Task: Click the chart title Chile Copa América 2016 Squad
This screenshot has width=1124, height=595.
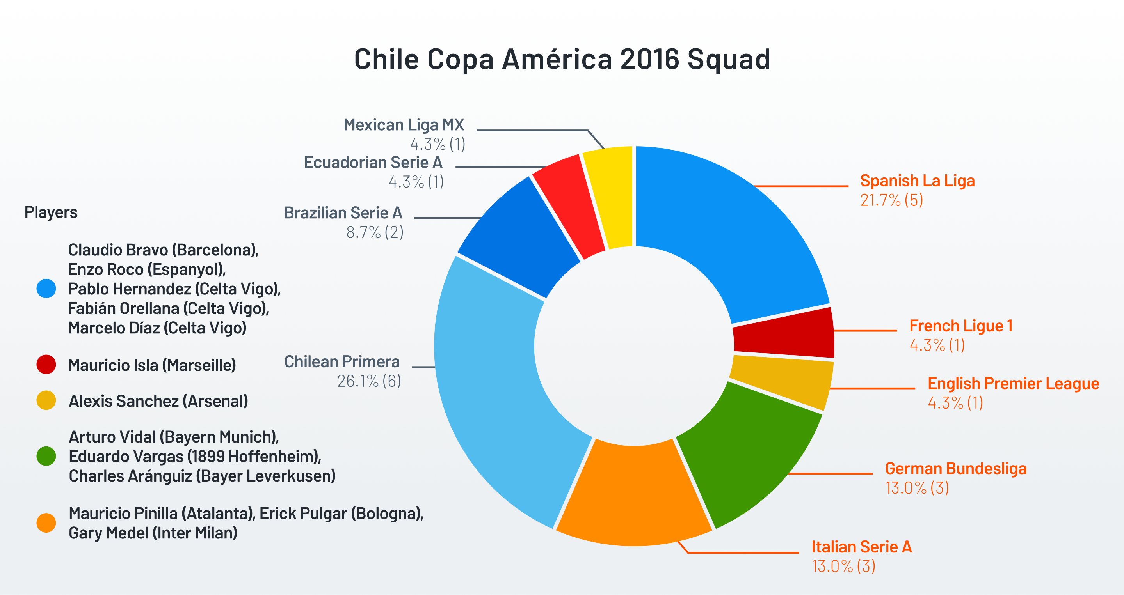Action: tap(562, 59)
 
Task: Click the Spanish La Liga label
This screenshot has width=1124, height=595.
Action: tap(917, 181)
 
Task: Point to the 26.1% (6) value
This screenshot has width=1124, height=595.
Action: tap(369, 381)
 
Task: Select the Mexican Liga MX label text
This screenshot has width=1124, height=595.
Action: tap(404, 125)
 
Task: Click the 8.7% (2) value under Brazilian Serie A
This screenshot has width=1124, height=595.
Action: tap(375, 232)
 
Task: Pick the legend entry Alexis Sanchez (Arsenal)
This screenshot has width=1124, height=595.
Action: tap(158, 401)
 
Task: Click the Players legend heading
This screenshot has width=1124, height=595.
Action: tap(51, 212)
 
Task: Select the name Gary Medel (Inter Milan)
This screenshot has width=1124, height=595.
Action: tap(153, 533)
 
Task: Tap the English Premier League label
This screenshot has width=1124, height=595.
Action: tap(1013, 384)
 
